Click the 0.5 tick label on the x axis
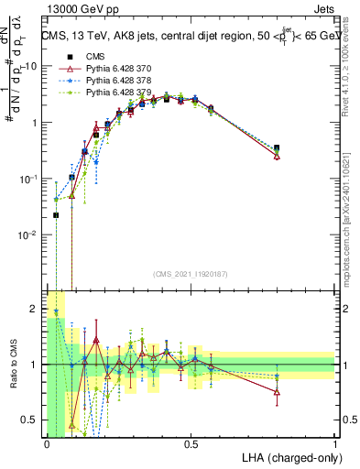[191, 444]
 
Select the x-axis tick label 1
[334, 444]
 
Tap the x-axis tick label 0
[46, 444]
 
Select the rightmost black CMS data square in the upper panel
[277, 147]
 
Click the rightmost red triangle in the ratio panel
[277, 392]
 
